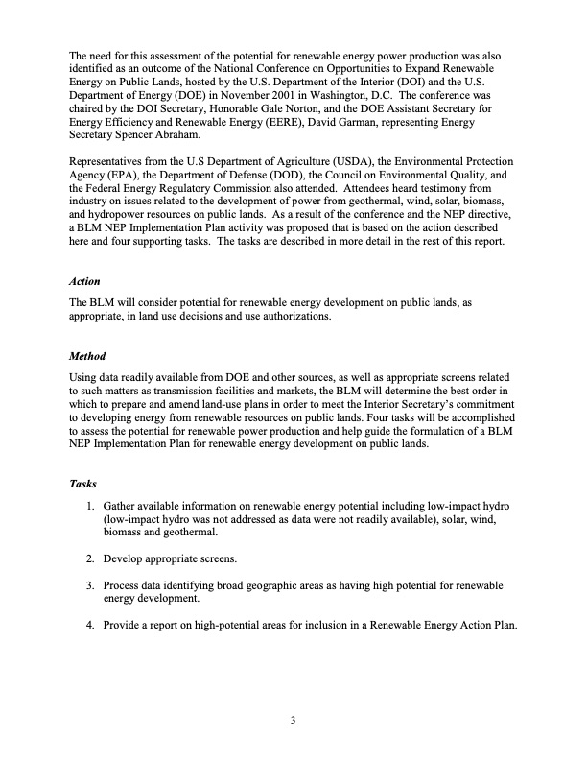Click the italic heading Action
tap(84, 283)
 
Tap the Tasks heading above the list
tap(84, 484)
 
